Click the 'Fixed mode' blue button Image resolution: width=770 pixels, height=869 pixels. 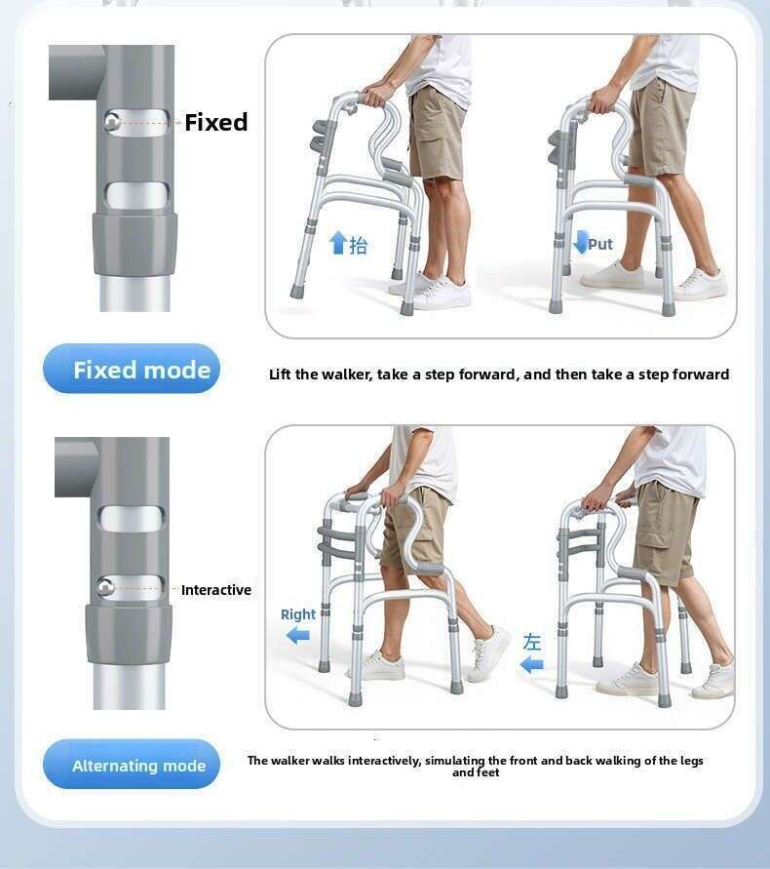(132, 369)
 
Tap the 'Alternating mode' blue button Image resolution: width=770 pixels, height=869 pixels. (132, 765)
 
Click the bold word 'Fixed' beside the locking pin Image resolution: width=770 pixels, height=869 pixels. (216, 122)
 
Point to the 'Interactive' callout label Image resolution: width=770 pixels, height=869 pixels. (216, 590)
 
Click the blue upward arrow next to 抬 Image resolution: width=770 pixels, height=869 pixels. (338, 243)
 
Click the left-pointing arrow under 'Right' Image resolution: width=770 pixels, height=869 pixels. (298, 636)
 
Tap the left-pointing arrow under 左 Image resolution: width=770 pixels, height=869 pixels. (532, 664)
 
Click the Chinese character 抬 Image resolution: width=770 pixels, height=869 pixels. (359, 245)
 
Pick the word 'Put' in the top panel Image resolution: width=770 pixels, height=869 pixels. (600, 245)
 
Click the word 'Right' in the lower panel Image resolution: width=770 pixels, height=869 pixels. (298, 614)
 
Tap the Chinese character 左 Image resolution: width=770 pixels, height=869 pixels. (532, 642)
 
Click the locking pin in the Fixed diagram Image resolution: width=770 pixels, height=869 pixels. (112, 121)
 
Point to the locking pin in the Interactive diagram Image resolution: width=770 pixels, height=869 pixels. (104, 587)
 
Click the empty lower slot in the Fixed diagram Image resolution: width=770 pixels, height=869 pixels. (136, 196)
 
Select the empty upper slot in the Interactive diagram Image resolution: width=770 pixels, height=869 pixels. (132, 519)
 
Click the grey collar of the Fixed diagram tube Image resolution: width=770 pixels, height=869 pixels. (135, 243)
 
